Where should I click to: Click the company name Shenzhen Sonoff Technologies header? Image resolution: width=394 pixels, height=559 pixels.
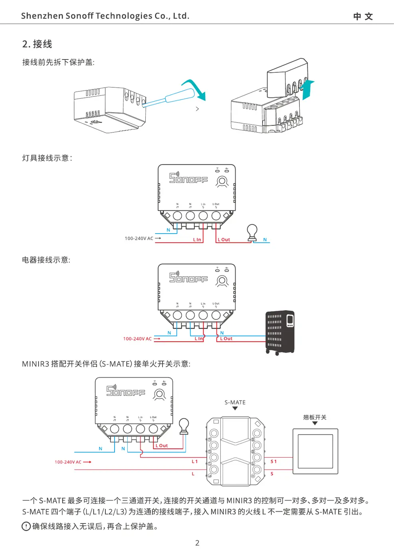click(x=105, y=16)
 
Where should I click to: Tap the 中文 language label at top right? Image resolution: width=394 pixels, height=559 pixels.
click(x=363, y=16)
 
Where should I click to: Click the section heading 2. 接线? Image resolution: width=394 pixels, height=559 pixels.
click(x=37, y=44)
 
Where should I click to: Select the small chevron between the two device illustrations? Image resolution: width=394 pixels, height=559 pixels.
click(x=197, y=109)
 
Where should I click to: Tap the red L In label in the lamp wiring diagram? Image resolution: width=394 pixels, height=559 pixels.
click(x=197, y=240)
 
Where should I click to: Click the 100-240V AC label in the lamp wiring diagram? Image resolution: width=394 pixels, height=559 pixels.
click(x=139, y=238)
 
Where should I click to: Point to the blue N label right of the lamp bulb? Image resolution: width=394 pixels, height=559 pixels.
click(x=265, y=240)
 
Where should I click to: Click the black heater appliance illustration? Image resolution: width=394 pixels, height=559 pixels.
click(x=280, y=332)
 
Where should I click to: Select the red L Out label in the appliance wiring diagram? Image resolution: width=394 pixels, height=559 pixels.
click(x=226, y=339)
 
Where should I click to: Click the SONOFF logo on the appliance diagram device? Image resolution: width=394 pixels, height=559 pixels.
click(x=188, y=278)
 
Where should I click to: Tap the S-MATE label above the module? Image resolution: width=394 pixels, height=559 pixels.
click(x=235, y=402)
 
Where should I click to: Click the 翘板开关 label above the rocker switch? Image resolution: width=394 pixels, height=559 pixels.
click(x=315, y=417)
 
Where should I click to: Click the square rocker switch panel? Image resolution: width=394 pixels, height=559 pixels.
click(x=315, y=452)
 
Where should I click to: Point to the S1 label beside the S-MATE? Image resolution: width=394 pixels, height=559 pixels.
click(x=273, y=461)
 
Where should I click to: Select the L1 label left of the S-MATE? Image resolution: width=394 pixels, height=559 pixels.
click(x=195, y=461)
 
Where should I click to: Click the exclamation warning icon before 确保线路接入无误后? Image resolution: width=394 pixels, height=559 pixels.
click(x=26, y=526)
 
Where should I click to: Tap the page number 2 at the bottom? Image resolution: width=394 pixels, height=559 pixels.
click(x=197, y=543)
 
